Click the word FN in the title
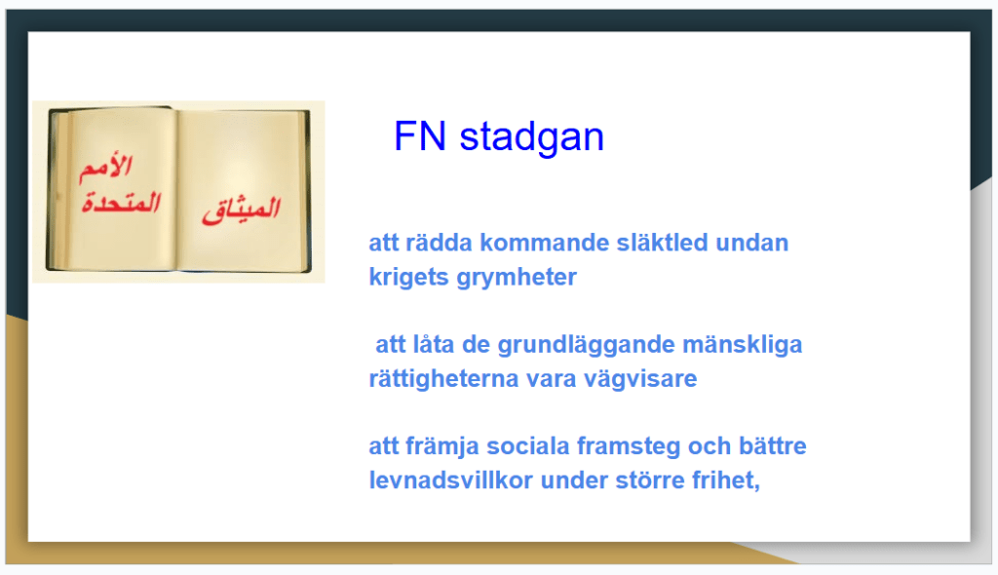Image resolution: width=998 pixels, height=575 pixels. [419, 136]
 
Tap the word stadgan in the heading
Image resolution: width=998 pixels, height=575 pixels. [531, 136]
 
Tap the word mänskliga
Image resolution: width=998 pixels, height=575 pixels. [742, 345]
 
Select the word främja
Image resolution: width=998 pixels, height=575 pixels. [441, 447]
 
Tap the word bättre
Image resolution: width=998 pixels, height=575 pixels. [772, 445]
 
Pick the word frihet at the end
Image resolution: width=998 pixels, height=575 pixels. [725, 480]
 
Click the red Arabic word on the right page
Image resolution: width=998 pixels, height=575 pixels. [242, 210]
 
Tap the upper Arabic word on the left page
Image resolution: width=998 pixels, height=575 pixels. [105, 168]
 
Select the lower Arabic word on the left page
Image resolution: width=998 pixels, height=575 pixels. [121, 203]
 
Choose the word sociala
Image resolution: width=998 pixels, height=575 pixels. [527, 446]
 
